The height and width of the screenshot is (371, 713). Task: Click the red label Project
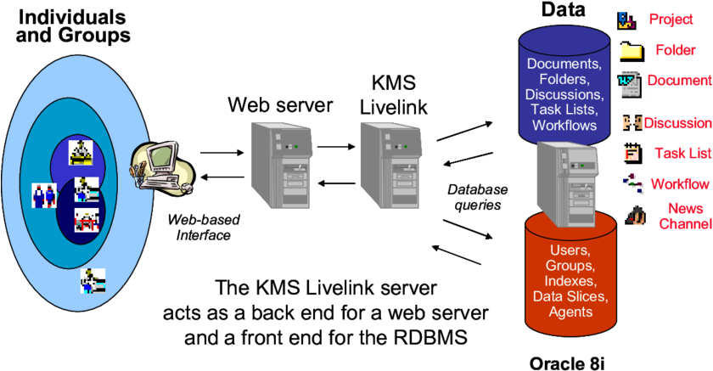click(671, 20)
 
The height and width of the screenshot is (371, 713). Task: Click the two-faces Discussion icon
click(631, 122)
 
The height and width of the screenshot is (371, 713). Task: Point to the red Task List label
click(682, 154)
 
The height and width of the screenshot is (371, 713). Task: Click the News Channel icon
click(633, 215)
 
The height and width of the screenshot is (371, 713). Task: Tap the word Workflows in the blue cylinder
click(564, 125)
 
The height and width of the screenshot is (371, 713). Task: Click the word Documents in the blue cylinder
click(564, 64)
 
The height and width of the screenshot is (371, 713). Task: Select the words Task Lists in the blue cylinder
click(564, 110)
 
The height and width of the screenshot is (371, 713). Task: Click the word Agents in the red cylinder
click(570, 312)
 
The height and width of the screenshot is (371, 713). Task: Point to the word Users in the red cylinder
click(570, 250)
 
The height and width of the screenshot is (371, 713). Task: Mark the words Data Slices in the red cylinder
click(570, 296)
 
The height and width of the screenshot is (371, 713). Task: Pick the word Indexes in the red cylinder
click(570, 281)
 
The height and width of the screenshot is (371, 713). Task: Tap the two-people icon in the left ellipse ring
click(43, 195)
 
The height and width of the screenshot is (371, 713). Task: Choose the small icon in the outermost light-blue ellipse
click(92, 280)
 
